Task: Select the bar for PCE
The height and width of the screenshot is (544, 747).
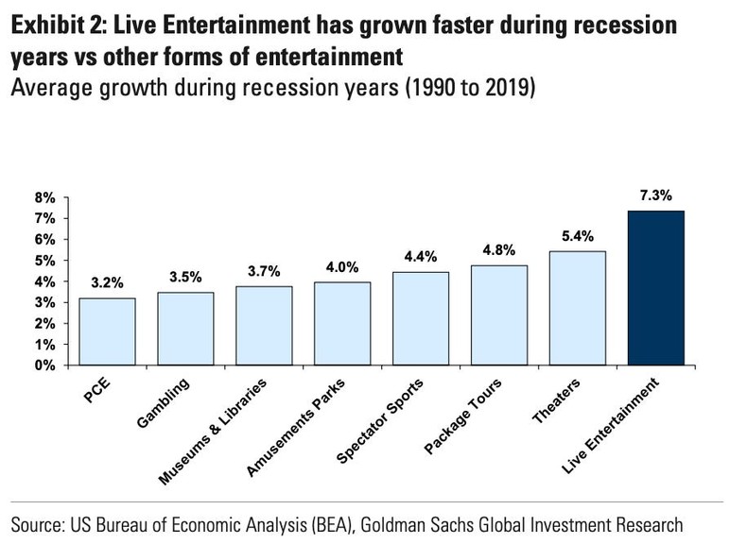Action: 107,331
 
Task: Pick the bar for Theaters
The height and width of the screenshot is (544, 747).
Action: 578,308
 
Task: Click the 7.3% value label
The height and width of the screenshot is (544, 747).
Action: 655,196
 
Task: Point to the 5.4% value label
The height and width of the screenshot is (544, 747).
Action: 577,236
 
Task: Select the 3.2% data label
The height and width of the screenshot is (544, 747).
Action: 107,282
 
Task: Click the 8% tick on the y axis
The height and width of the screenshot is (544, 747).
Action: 45,198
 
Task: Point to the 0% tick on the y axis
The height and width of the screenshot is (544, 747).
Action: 45,365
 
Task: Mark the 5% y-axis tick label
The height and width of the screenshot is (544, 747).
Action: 45,261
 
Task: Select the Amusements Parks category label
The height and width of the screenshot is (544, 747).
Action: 296,418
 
